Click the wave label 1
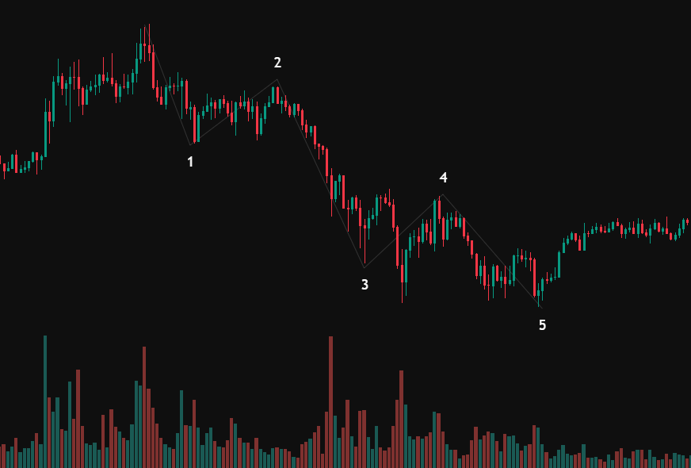point(190,162)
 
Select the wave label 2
point(277,63)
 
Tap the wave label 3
point(365,284)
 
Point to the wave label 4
point(444,178)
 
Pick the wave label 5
point(542,324)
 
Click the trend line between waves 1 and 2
point(234,112)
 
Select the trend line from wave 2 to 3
point(321,173)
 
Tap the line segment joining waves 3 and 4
point(404,230)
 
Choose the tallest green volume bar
point(45,401)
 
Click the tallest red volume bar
point(330,401)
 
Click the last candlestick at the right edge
point(686,221)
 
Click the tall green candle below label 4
point(435,221)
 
